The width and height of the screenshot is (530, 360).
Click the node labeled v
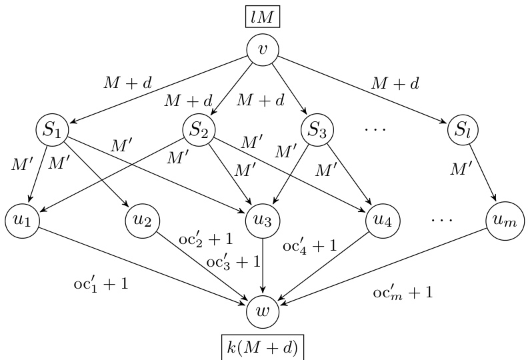pyautogui.click(x=262, y=49)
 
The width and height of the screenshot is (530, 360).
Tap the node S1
pyautogui.click(x=53, y=129)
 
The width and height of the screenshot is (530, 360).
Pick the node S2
pyautogui.click(x=198, y=129)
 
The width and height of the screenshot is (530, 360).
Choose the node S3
pyautogui.click(x=317, y=129)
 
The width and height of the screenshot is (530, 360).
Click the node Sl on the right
pyautogui.click(x=463, y=129)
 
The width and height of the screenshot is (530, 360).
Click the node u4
pyautogui.click(x=382, y=220)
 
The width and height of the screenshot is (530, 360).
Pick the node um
pyautogui.click(x=503, y=220)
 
